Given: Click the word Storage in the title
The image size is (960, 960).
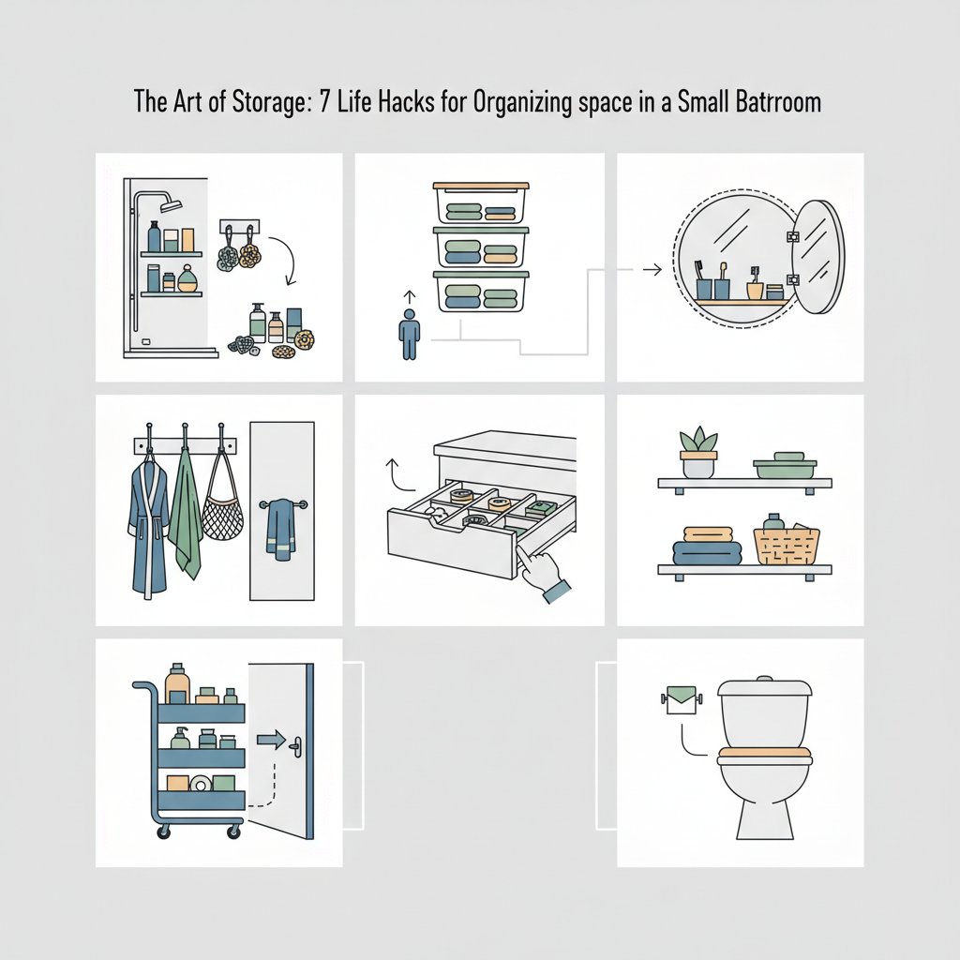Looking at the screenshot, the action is click(268, 102).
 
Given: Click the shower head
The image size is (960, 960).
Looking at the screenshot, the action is click(172, 203).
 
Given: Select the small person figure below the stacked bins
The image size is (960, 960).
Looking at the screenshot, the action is click(409, 334).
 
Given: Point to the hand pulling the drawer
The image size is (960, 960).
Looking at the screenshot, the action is click(545, 575).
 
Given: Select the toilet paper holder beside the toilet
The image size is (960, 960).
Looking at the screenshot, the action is click(682, 700).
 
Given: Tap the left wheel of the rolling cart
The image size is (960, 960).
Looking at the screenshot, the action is click(163, 832).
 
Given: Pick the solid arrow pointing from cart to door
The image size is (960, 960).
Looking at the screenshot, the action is click(271, 740).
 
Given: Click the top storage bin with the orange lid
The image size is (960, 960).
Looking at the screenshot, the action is click(481, 202).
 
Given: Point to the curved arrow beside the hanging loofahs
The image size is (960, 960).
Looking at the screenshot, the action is click(285, 260).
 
